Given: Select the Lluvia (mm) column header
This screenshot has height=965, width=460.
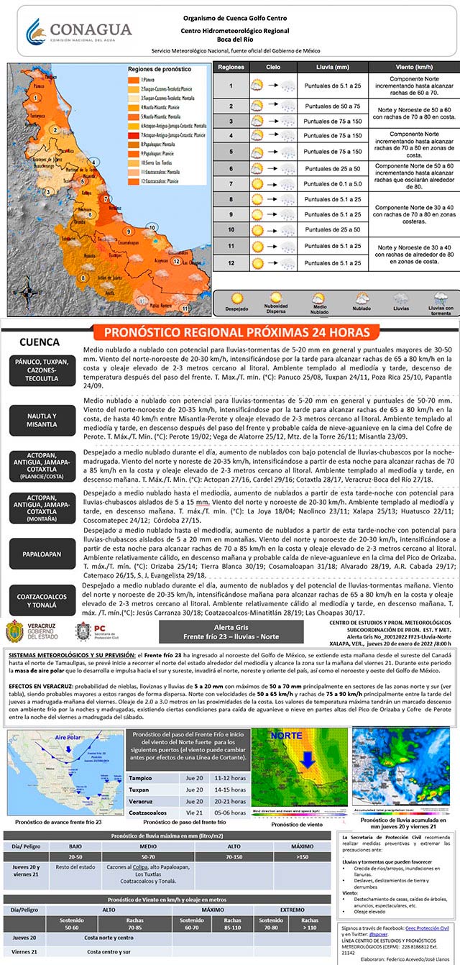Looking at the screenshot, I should pyautogui.click(x=332, y=67).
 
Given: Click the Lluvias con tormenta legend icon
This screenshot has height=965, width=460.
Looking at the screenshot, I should pyautogui.click(x=439, y=302).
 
